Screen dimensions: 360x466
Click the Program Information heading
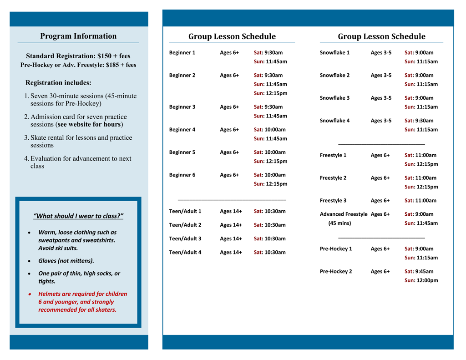78,36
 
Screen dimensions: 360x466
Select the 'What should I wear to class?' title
78,216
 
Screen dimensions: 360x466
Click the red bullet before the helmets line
30,294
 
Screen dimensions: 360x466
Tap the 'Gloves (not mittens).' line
66,261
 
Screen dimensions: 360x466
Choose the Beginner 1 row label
182,53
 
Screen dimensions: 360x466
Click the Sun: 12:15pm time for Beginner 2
270,93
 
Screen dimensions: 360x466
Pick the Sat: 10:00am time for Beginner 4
270,130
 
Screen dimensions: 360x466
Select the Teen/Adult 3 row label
185,238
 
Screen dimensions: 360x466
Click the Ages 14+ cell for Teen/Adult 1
231,211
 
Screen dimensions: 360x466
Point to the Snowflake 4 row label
334,121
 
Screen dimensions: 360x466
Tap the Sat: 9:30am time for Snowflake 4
419,121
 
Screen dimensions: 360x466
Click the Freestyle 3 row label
333,201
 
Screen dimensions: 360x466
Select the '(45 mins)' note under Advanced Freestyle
339,223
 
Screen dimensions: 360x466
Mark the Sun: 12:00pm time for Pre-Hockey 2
421,280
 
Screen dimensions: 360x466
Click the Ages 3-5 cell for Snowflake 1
381,53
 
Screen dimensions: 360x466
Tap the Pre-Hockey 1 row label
335,249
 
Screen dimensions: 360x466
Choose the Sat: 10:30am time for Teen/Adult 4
270,252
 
